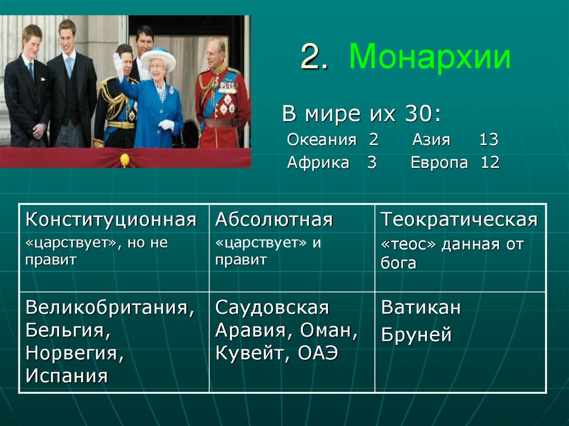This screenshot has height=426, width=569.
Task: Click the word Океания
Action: click(321, 140)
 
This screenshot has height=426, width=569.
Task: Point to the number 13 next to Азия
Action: click(488, 140)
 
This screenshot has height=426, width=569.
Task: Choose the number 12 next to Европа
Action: click(490, 163)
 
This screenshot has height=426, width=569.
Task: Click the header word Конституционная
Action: click(111, 220)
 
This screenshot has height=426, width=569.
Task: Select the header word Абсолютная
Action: click(274, 220)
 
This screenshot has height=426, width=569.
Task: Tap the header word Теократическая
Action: click(459, 220)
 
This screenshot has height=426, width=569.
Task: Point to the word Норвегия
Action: click(74, 353)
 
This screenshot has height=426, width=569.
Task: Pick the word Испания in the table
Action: click(66, 376)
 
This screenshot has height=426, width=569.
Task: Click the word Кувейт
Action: click(247, 353)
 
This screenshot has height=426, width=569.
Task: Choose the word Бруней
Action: click(416, 335)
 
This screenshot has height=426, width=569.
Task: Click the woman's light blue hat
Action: click(158, 57)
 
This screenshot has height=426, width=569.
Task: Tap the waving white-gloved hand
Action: click(118, 62)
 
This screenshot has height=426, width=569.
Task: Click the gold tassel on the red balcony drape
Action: click(124, 160)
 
